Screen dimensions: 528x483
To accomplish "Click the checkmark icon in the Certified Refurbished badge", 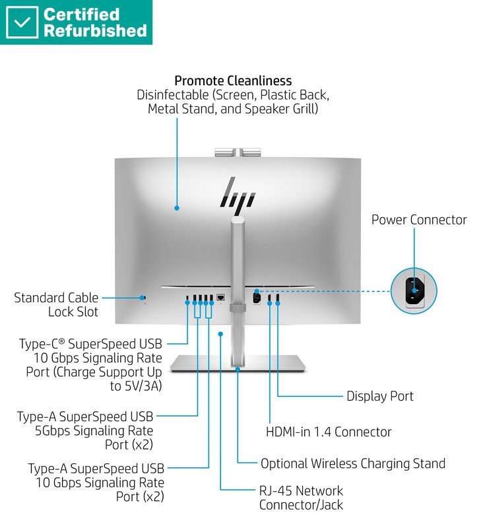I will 22,22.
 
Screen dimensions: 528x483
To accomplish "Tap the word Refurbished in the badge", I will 95,31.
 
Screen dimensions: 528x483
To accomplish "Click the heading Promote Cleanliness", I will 233,81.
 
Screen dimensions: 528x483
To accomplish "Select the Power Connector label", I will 418,220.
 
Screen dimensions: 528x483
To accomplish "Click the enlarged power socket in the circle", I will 415,291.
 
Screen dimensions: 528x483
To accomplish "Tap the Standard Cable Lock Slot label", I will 56,305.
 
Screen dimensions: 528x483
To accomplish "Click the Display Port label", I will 379,396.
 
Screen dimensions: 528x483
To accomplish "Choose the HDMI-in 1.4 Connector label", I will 329,432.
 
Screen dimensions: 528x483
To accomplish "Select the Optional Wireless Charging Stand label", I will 352,464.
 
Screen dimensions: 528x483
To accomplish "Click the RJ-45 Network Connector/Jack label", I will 301,498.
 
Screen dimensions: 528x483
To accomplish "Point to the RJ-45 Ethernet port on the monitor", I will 221,298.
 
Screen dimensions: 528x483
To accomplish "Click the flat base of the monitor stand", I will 238,362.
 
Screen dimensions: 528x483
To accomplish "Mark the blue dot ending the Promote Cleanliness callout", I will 177,209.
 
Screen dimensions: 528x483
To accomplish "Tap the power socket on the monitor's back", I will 257,297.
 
